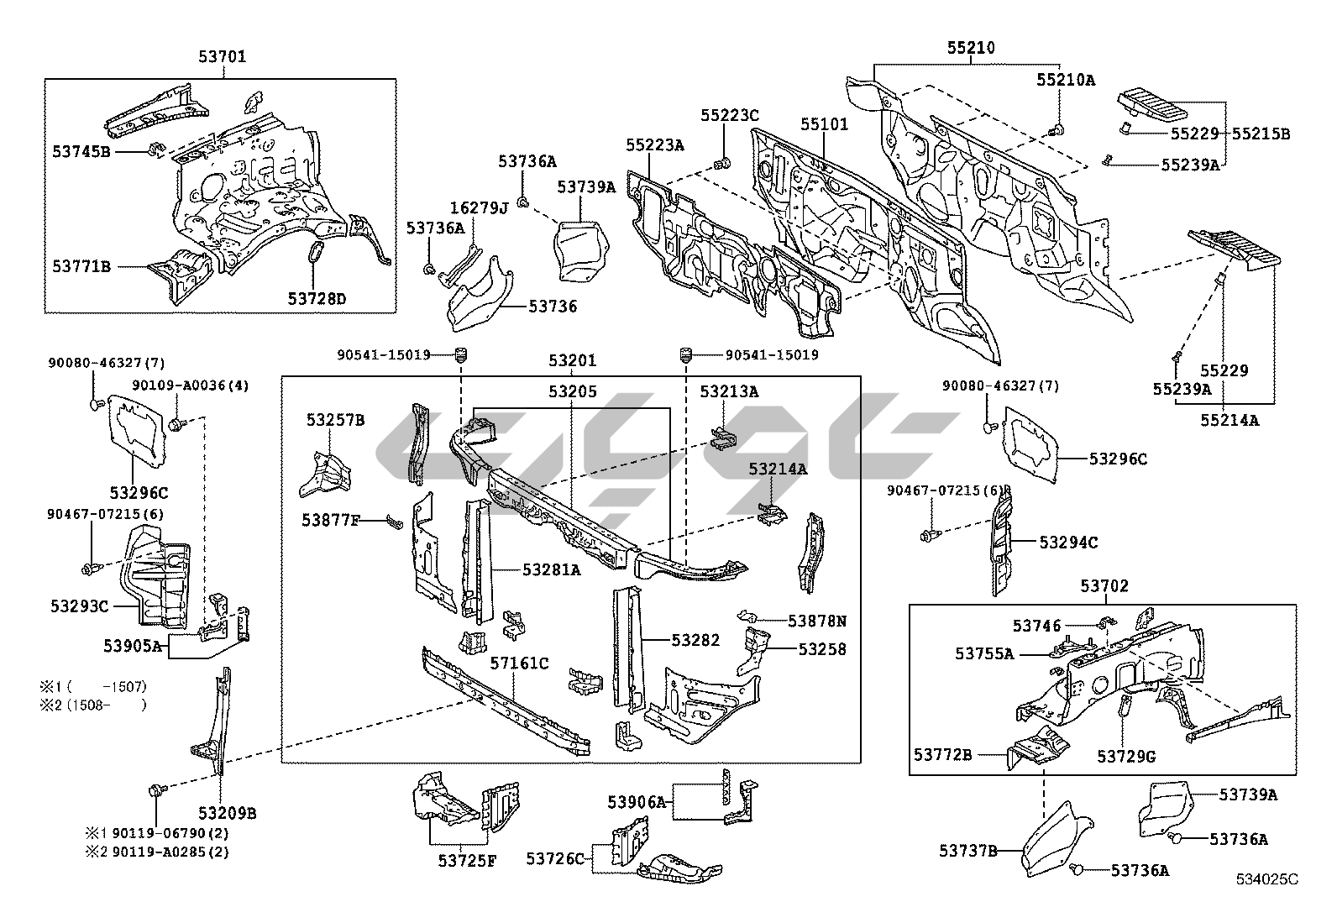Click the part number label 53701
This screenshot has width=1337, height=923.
pos(223,58)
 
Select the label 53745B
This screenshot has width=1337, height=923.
pos(81,151)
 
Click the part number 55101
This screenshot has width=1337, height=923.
pos(824,125)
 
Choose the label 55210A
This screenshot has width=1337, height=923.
pos(1065,80)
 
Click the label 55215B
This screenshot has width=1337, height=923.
pos(1261,134)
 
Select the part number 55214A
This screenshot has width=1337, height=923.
pos(1230,421)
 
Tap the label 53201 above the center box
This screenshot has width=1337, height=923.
pos(573,361)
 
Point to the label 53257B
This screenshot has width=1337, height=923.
pos(335,420)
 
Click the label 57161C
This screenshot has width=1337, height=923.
pos(519,663)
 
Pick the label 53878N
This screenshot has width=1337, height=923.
pos(816,621)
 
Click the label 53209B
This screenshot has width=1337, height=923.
pos(228,813)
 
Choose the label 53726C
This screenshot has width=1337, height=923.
pos(555,858)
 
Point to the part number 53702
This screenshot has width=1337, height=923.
pos(1104,586)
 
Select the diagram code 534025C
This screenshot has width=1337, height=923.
pos(1266,879)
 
